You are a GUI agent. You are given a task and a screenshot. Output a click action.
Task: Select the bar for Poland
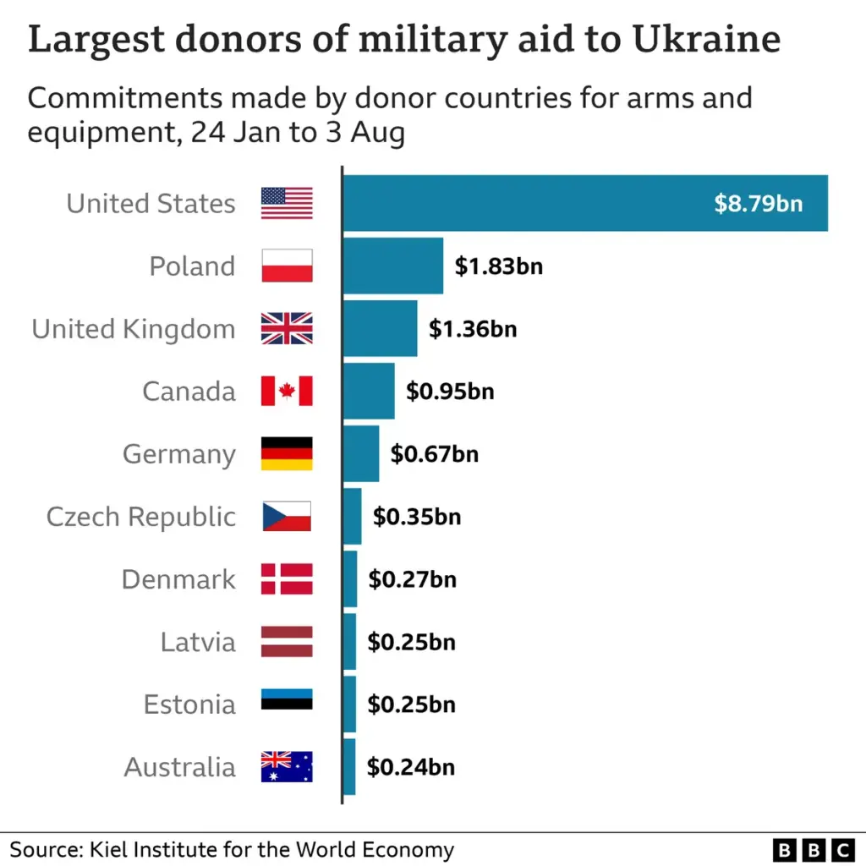coord(393,266)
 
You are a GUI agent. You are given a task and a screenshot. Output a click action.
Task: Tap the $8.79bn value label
coord(758,204)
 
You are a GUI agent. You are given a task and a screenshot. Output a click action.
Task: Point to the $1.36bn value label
coord(472,329)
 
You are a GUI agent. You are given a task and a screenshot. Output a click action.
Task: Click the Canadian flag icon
coord(287,392)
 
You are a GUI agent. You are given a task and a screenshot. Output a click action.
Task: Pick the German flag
coord(287,454)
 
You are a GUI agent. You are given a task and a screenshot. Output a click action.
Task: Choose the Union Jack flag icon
coord(287,329)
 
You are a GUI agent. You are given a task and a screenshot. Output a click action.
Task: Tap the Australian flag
coord(287,767)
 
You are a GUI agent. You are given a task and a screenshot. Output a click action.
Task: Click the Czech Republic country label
coord(140,517)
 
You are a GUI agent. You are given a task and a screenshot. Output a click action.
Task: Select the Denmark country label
coord(178,579)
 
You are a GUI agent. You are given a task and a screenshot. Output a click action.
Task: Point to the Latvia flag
coord(287,642)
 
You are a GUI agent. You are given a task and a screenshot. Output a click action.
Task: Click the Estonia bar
coord(349,704)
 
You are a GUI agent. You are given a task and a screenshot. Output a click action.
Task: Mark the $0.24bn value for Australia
coord(410,767)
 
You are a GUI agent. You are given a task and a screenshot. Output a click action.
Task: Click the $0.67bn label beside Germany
coord(434,454)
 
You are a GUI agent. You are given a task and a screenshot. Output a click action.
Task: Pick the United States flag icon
coord(287,204)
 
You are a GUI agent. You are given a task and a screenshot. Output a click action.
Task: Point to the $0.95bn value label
coord(450,392)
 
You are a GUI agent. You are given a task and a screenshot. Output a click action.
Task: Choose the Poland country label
coord(192,266)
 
